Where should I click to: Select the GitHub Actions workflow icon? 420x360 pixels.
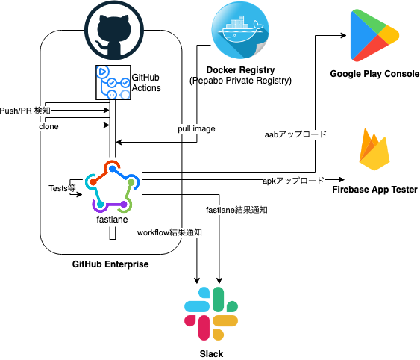click(112, 83)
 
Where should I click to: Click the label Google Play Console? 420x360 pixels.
click(375, 74)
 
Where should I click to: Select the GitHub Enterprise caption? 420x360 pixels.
click(110, 264)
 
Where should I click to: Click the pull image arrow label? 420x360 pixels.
click(197, 129)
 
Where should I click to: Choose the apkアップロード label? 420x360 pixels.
click(292, 181)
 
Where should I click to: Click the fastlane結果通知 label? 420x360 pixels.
click(236, 210)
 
